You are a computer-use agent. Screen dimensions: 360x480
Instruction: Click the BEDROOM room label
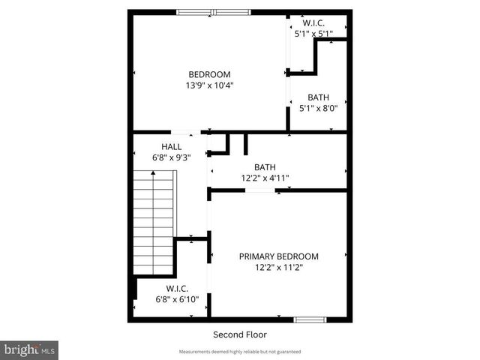pyautogui.click(x=209, y=74)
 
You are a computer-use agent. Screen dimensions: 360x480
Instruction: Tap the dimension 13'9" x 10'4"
pyautogui.click(x=209, y=85)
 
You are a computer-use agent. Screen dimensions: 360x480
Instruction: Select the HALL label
pyautogui.click(x=171, y=146)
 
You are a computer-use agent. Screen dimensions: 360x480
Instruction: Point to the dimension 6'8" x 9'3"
pyautogui.click(x=171, y=157)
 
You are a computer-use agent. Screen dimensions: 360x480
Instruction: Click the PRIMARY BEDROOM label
pyautogui.click(x=278, y=256)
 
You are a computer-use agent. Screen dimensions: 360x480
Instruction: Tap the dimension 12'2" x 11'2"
pyautogui.click(x=278, y=267)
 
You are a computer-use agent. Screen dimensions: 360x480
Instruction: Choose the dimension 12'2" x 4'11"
pyautogui.click(x=265, y=178)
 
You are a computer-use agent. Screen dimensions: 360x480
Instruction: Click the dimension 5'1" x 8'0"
pyautogui.click(x=318, y=108)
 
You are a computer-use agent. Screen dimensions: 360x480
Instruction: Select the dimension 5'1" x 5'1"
pyautogui.click(x=318, y=33)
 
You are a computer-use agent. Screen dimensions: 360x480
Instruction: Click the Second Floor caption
pyautogui.click(x=240, y=334)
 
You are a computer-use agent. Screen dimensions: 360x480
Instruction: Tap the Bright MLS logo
pyautogui.click(x=30, y=349)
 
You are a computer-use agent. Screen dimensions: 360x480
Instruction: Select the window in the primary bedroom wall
pyautogui.click(x=310, y=320)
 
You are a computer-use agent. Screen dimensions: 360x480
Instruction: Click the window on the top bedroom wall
pyautogui.click(x=214, y=12)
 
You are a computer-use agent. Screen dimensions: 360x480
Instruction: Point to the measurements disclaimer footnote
pyautogui.click(x=240, y=352)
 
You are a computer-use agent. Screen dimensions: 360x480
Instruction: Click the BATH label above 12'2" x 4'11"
pyautogui.click(x=265, y=167)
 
